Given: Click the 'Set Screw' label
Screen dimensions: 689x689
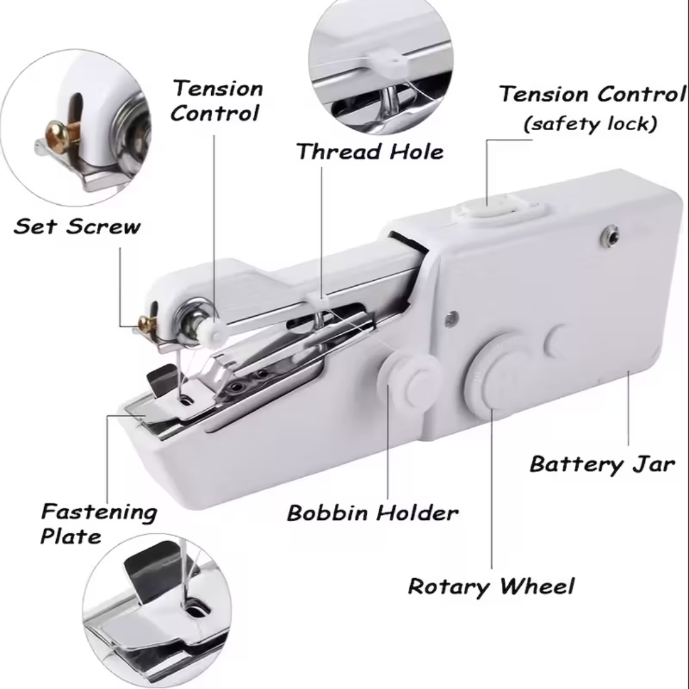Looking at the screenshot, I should (77, 226).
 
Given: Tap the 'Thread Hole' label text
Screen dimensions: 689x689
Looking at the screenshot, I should (369, 152).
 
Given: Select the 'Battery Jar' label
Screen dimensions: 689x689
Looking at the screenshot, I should (602, 463).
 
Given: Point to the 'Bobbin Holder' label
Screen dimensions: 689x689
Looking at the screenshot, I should (372, 512).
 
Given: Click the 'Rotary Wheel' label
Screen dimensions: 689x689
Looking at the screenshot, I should (491, 586).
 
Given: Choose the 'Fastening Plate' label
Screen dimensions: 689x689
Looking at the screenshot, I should (98, 523).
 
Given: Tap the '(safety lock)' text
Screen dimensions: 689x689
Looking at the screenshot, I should (589, 123).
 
